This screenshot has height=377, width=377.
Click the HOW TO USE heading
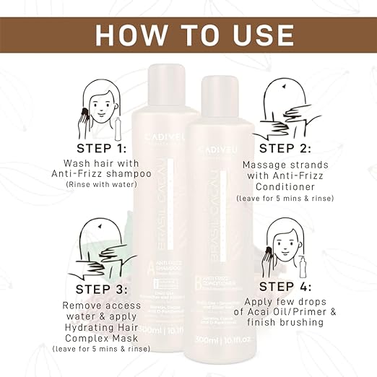pyautogui.click(x=188, y=33)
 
